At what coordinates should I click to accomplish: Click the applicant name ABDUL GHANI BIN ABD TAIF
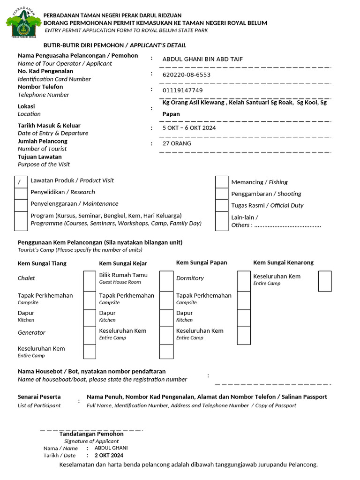202,59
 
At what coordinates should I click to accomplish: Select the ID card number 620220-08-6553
186,75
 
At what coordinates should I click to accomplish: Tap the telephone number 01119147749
182,90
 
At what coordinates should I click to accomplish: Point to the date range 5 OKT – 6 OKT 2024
189,127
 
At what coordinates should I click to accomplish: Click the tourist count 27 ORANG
177,143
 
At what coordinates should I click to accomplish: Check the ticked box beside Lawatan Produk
21,182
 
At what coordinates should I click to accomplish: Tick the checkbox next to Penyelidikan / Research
21,194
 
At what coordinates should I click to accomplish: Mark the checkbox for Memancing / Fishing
222,182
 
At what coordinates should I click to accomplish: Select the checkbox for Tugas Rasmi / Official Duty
222,205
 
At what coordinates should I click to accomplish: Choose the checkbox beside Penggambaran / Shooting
222,194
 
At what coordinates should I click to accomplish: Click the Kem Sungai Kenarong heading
283,262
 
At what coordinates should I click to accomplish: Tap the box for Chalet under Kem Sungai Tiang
90,281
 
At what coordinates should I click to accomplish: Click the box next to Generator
90,335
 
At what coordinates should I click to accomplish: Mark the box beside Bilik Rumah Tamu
166,281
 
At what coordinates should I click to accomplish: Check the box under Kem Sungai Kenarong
325,281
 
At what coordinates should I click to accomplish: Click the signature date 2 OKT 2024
109,455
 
